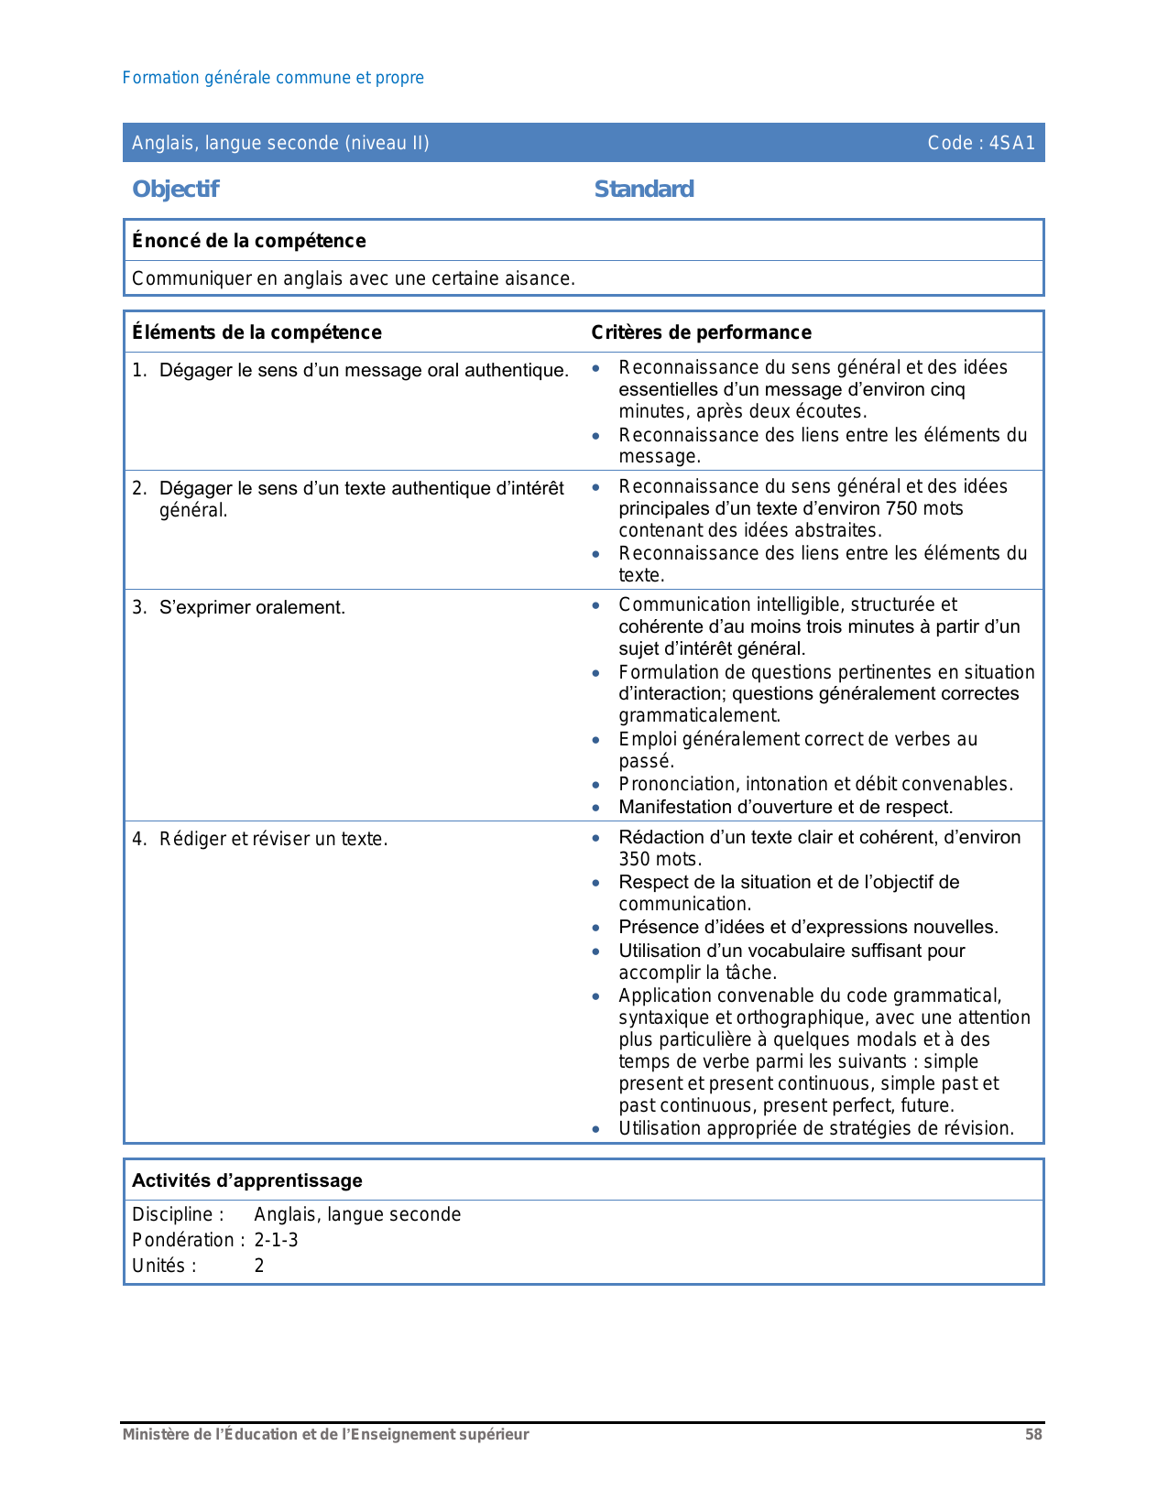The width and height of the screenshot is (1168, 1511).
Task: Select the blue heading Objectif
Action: [175, 190]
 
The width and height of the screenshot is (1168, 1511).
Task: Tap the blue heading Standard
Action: [644, 190]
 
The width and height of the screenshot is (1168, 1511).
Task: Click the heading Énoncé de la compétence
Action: [248, 241]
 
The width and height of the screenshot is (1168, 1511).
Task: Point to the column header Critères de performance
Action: [701, 332]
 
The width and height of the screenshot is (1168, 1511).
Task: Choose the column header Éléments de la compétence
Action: [257, 332]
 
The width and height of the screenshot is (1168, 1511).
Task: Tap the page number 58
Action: [1033, 1435]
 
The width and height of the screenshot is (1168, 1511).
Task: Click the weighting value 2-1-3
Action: [276, 1240]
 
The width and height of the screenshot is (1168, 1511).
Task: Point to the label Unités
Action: [164, 1266]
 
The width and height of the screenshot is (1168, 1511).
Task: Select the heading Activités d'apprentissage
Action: [247, 1180]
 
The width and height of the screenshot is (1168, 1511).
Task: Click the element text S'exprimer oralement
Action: [252, 607]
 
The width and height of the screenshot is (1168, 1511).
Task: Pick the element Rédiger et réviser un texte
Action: [273, 839]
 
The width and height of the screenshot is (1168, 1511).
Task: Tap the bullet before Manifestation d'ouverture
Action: [596, 808]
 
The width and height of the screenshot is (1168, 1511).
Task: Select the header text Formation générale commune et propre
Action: [273, 78]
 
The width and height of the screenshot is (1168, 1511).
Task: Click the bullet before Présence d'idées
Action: [596, 928]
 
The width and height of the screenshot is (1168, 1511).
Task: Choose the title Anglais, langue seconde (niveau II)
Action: [280, 143]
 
